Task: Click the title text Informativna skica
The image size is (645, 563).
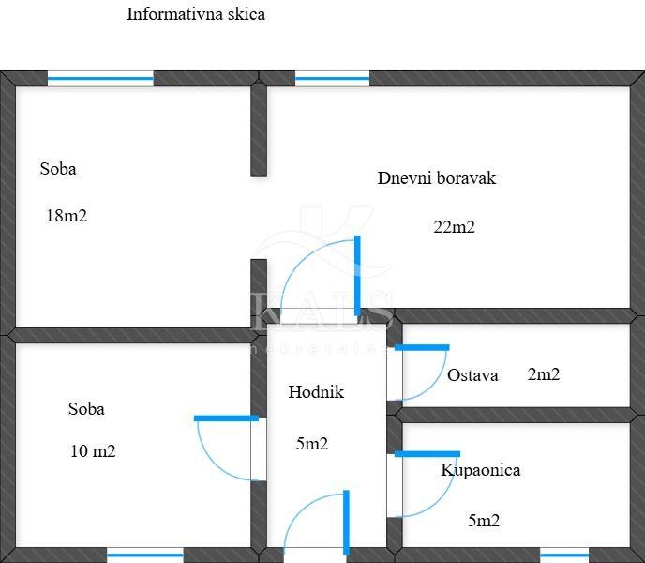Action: tap(196, 14)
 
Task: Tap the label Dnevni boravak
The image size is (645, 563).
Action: tap(436, 177)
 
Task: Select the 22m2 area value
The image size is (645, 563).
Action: tap(454, 226)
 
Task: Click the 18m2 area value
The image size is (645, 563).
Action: tap(66, 215)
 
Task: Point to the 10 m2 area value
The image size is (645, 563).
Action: tap(93, 450)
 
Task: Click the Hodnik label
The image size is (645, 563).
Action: tap(316, 392)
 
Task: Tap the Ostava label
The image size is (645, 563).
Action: tap(472, 375)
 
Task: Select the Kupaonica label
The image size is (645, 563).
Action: tap(480, 470)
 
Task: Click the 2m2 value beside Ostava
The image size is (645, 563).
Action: tap(544, 374)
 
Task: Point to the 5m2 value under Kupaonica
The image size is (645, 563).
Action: tap(484, 521)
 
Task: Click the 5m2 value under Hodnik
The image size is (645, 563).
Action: tap(312, 444)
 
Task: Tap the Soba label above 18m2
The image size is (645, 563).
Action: tap(58, 169)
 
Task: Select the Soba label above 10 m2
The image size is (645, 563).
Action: tap(86, 409)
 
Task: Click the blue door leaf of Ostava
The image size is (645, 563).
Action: tap(422, 348)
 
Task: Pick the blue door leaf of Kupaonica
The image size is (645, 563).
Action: tap(427, 454)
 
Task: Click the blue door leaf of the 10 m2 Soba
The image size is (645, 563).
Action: tap(226, 418)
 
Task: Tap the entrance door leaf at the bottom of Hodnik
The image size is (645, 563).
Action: tap(346, 522)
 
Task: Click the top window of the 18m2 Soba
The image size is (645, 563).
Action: tap(100, 79)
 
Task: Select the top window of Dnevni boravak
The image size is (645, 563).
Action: tap(332, 79)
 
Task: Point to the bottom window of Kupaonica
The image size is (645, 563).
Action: tap(564, 555)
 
